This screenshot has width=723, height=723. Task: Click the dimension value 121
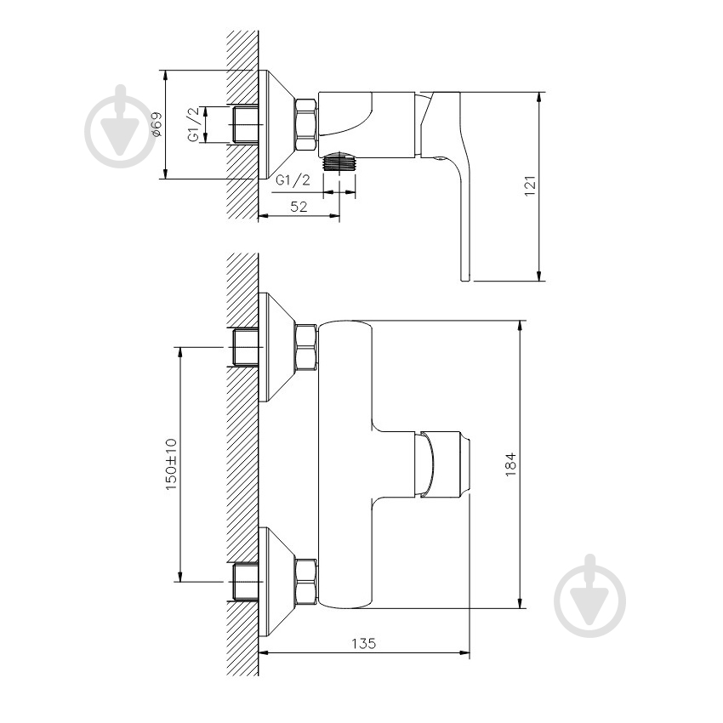530,185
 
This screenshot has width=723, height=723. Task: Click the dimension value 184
510,464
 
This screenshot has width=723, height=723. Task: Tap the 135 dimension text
364,643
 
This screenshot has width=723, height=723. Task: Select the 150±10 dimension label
171,464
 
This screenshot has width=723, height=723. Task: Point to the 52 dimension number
299,207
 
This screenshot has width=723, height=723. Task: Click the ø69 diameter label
157,124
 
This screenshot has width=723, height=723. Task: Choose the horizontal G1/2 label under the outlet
293,179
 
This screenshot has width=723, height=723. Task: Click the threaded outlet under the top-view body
340,162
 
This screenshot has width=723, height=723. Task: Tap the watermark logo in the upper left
121,126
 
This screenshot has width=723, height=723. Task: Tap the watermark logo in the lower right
590,595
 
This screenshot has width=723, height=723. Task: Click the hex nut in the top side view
305,124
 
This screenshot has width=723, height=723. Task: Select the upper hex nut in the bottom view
306,348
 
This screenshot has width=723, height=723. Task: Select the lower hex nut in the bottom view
306,582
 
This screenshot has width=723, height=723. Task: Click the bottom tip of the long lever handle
465,280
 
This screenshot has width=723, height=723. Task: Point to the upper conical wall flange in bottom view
276,347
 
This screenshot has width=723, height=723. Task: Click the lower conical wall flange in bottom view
276,582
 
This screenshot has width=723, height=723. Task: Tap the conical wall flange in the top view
276,124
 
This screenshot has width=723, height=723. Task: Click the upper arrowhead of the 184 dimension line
521,325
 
